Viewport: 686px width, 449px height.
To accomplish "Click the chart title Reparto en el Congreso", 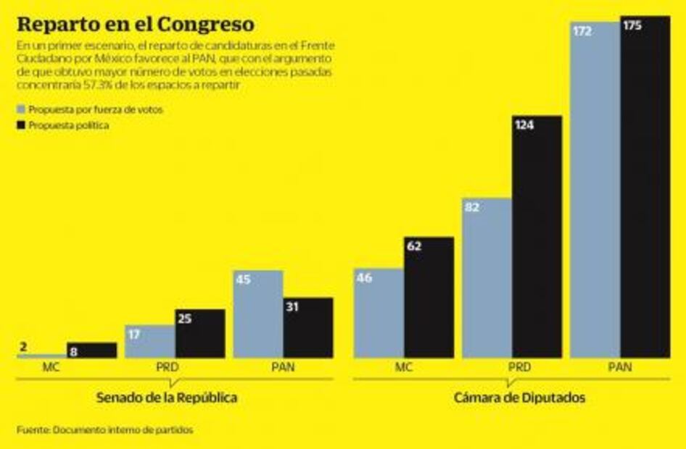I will click(136, 24).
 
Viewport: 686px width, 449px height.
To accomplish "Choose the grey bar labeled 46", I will click(379, 313).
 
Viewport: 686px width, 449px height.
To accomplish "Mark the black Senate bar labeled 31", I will click(308, 327).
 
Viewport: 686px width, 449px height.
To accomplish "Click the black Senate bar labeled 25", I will click(199, 333).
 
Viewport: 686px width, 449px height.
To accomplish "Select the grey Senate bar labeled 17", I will click(149, 341).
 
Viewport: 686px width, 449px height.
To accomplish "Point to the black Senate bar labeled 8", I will click(91, 350).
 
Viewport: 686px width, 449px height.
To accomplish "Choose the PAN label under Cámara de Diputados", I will click(620, 367).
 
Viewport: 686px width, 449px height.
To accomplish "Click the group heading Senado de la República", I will click(167, 398).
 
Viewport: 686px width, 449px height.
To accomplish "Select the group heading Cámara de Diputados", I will click(511, 398).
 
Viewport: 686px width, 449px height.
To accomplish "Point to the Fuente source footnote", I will click(106, 429).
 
